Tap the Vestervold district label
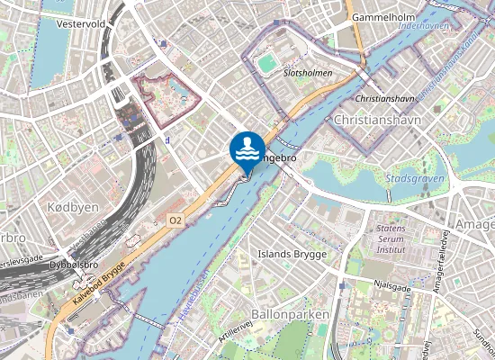tap(81, 24)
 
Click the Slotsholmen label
tap(308, 72)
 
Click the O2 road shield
tap(175, 220)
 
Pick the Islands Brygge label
tap(292, 255)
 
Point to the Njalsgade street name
tap(391, 289)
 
